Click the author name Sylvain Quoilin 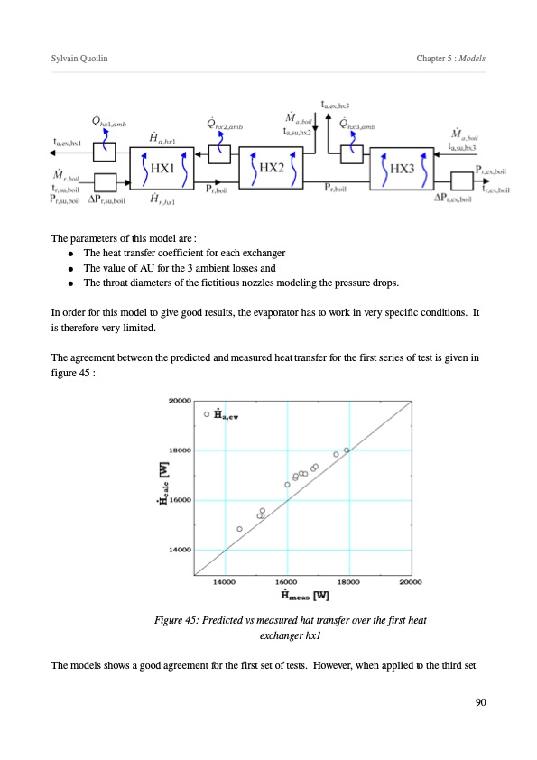pos(79,58)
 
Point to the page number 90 pos(480,702)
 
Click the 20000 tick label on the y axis pos(180,401)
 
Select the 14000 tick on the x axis pos(225,581)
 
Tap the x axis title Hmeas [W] pos(305,595)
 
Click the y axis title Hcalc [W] pos(164,483)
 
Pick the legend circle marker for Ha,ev pos(207,414)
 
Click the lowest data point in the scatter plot pos(239,529)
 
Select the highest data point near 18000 pos(347,450)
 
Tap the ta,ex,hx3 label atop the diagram pos(335,105)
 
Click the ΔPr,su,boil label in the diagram pos(106,199)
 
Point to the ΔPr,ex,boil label pos(453,198)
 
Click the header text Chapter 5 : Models pos(450,58)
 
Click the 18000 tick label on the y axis pos(180,450)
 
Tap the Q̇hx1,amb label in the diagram pos(109,121)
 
